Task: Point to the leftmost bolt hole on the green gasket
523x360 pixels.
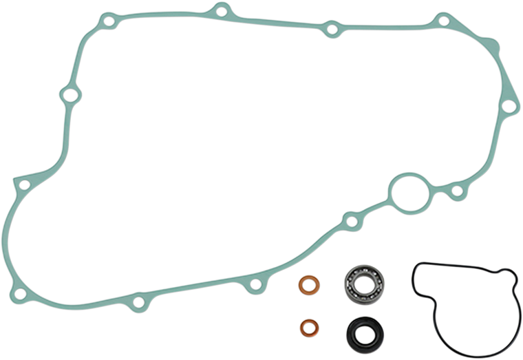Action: [21, 186]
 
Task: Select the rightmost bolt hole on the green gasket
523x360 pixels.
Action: [508, 106]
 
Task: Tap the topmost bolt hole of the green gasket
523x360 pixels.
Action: [220, 10]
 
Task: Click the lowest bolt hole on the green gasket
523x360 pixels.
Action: [138, 302]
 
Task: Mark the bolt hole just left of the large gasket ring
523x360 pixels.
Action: [351, 222]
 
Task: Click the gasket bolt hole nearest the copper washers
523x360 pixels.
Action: [256, 284]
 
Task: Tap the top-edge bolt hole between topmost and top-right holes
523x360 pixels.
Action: [332, 29]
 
